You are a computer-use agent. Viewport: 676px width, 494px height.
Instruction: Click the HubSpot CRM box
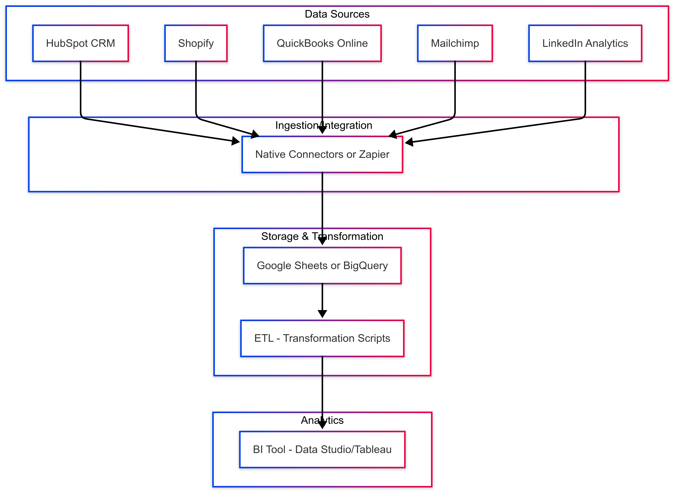pyautogui.click(x=80, y=43)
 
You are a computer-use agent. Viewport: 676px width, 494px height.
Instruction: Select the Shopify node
pyautogui.click(x=196, y=43)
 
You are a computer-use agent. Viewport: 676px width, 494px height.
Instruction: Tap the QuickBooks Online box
pyautogui.click(x=322, y=43)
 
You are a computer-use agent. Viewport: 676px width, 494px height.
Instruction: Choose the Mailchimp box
pyautogui.click(x=455, y=43)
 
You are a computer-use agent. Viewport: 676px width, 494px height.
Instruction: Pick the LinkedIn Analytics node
pyautogui.click(x=585, y=43)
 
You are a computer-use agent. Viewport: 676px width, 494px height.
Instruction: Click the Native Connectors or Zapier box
pyautogui.click(x=322, y=155)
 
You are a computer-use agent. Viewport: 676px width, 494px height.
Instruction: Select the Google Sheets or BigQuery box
pyautogui.click(x=322, y=266)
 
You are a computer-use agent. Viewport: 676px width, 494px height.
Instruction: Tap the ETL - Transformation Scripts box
pyautogui.click(x=322, y=338)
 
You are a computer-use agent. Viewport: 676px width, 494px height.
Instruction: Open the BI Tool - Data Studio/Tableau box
pyautogui.click(x=322, y=449)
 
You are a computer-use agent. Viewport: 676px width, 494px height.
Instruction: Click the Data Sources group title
pyautogui.click(x=337, y=14)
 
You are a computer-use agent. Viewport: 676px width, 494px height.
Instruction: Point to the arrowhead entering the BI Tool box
pyautogui.click(x=322, y=425)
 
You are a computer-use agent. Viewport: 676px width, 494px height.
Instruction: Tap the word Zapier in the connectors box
pyautogui.click(x=374, y=155)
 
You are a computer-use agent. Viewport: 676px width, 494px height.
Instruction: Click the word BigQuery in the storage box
pyautogui.click(x=365, y=266)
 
